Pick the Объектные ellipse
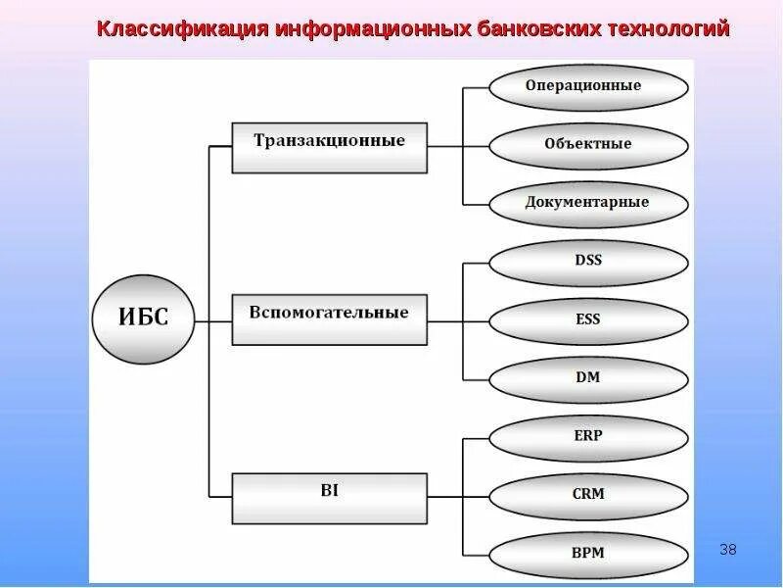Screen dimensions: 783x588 pyautogui.click(x=587, y=145)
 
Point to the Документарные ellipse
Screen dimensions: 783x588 pyautogui.click(x=587, y=203)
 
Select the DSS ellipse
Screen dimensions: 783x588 pyautogui.click(x=587, y=262)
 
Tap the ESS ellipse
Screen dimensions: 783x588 pyautogui.click(x=587, y=320)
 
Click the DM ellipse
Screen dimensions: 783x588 pyautogui.click(x=587, y=378)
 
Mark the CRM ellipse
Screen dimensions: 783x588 pyautogui.click(x=587, y=495)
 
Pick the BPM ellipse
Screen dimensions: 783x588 pyautogui.click(x=587, y=554)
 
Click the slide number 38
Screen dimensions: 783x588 pyautogui.click(x=727, y=549)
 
